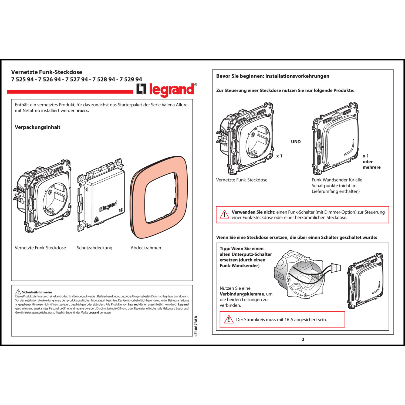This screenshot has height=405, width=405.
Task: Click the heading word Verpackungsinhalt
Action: click(x=38, y=127)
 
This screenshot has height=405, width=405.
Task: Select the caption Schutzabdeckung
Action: click(x=94, y=248)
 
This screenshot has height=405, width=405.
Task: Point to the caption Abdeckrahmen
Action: click(x=146, y=248)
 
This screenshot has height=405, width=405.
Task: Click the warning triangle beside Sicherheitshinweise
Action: click(x=18, y=292)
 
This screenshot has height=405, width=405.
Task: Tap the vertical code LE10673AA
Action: click(x=196, y=326)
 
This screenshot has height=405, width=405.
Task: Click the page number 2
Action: click(x=303, y=339)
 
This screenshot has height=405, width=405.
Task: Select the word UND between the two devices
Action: click(x=296, y=142)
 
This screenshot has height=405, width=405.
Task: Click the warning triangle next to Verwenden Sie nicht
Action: click(x=224, y=215)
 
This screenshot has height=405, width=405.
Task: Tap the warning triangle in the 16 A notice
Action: click(x=229, y=319)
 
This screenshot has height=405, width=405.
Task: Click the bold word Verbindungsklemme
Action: click(x=242, y=294)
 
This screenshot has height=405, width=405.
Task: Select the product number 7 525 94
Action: click(x=22, y=79)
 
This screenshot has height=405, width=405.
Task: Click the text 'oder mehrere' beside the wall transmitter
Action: click(x=371, y=164)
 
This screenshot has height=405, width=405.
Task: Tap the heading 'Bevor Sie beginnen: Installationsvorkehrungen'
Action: click(x=273, y=76)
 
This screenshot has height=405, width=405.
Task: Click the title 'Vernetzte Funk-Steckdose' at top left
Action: click(x=47, y=72)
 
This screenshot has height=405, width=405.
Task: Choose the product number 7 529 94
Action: click(x=131, y=79)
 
